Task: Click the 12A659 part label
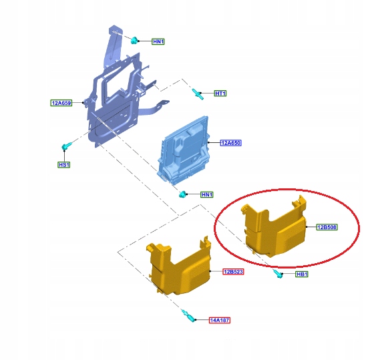[61, 103]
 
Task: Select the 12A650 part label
[230, 143]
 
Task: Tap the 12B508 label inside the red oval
[327, 227]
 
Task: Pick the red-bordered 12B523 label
[233, 271]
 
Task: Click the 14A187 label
[220, 320]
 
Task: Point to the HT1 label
[220, 94]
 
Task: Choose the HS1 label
[64, 165]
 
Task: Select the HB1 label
[302, 274]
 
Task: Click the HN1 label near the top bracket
[158, 41]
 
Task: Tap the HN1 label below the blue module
[207, 194]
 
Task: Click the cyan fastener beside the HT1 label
[198, 94]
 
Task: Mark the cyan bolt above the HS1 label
[66, 146]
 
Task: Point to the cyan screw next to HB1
[278, 274]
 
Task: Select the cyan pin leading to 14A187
[189, 316]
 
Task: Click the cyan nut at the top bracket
[134, 40]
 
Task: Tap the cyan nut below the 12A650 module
[183, 194]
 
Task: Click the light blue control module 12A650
[184, 150]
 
